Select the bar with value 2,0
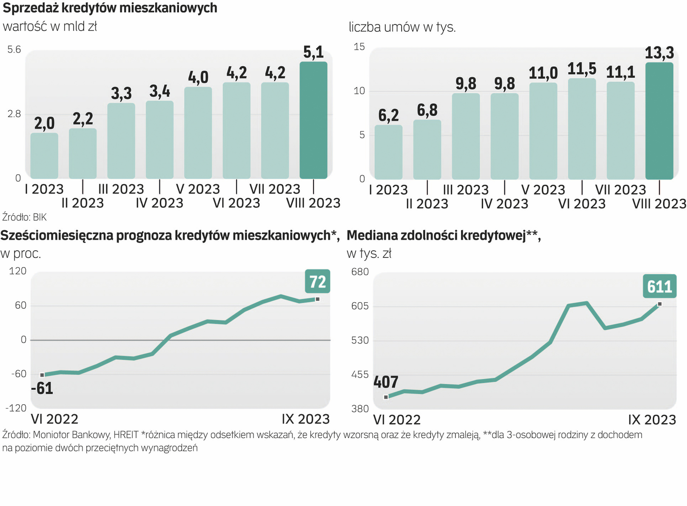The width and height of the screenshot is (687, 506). point(44,156)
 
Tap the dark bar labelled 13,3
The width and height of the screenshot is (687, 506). point(659,121)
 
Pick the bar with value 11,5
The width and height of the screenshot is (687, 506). point(582,129)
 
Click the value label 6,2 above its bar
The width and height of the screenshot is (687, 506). point(388,115)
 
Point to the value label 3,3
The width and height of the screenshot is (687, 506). point(121,93)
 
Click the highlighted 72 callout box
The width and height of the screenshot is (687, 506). point(317,282)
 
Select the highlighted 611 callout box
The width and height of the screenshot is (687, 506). point(659,286)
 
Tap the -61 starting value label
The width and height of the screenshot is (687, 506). point(42,388)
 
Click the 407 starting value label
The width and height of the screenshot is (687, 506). point(386,382)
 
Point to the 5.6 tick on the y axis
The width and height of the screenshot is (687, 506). point(14,50)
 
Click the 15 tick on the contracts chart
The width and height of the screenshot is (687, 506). point(359,47)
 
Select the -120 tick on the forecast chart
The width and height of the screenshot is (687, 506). point(16,408)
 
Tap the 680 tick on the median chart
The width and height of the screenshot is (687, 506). point(360,272)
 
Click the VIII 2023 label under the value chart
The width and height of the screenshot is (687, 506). point(313,203)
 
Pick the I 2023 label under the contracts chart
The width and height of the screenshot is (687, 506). point(388,190)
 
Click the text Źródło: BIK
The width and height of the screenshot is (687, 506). point(24,217)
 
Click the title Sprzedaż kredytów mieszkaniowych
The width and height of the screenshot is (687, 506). point(110,8)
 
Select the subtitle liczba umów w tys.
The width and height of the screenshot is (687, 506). point(402,27)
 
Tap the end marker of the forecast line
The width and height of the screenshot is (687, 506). point(317,299)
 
